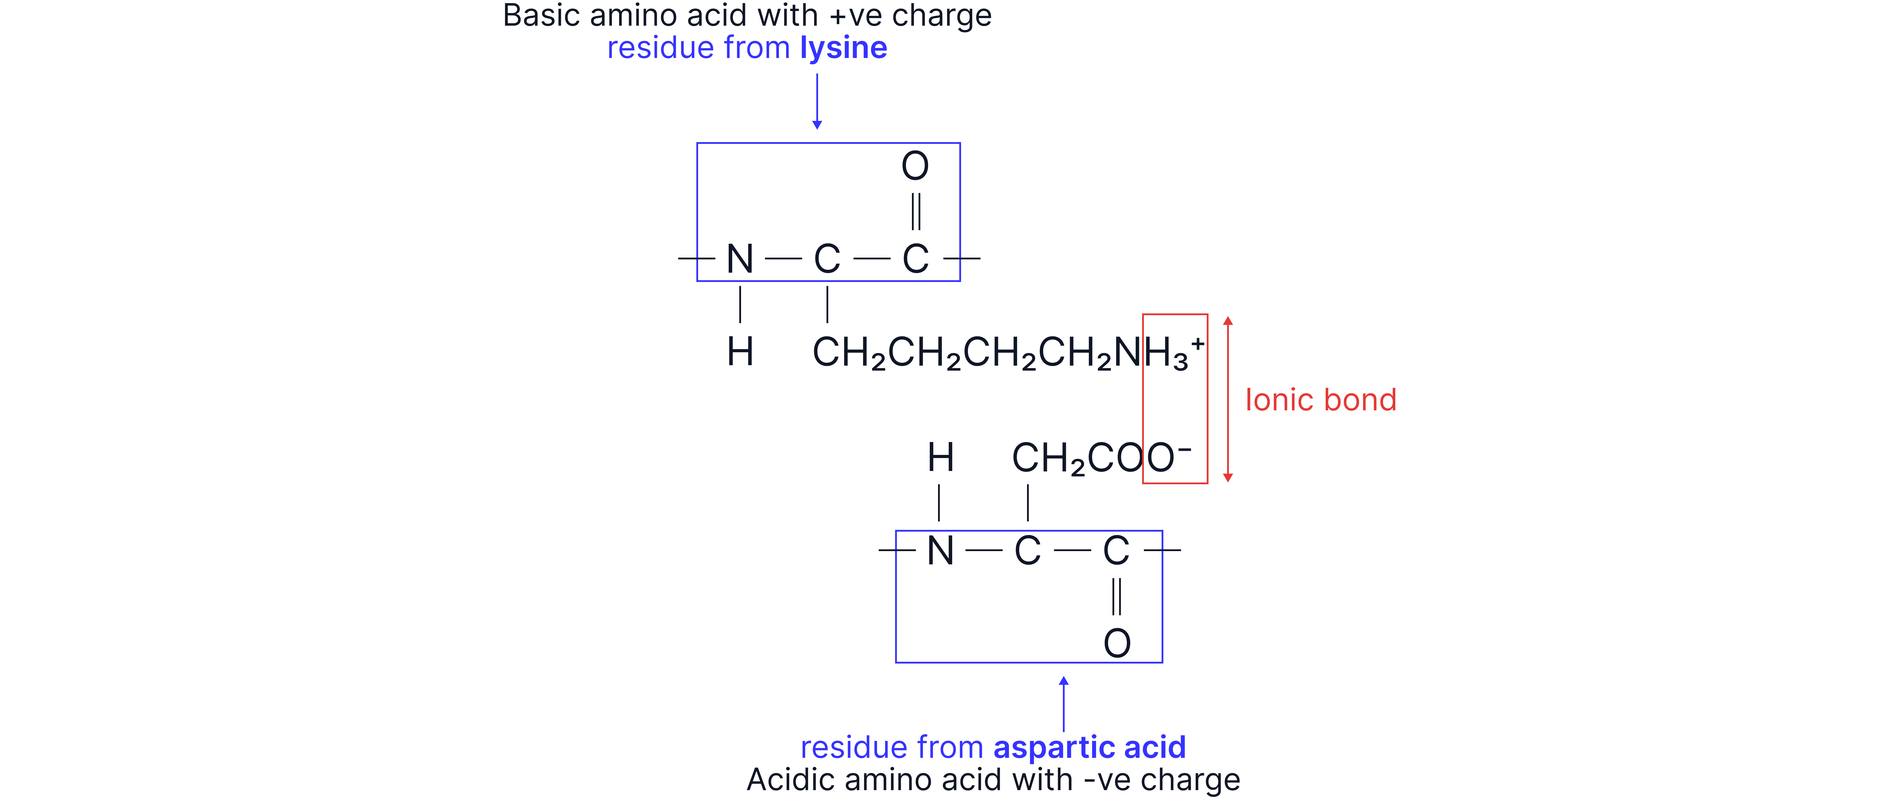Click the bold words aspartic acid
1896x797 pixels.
[x=1089, y=748]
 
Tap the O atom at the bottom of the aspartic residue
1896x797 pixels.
[x=1116, y=643]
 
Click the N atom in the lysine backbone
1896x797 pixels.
[x=740, y=259]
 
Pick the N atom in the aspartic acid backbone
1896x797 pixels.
[x=940, y=550]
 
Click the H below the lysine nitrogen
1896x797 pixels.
[x=740, y=352]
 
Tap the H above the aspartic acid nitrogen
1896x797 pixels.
[x=940, y=458]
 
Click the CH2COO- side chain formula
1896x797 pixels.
[x=1100, y=458]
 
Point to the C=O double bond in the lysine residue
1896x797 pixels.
[x=916, y=212]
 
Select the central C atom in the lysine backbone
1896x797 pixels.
[x=827, y=259]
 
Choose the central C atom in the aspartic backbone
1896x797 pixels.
[x=1027, y=550]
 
